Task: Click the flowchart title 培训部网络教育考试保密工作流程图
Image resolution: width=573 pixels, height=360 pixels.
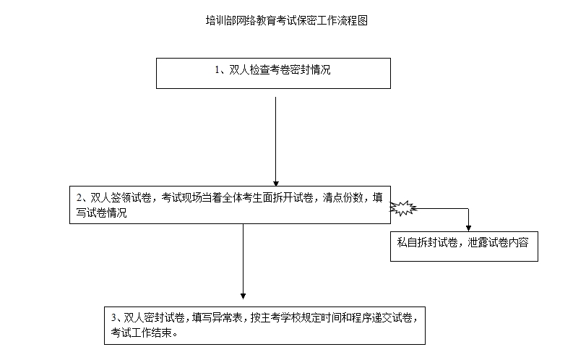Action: click(x=286, y=20)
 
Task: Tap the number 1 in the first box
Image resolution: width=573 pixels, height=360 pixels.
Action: click(x=217, y=69)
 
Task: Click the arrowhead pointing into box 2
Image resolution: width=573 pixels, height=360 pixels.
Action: click(x=276, y=184)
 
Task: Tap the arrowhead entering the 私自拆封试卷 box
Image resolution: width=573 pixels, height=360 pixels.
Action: click(x=468, y=228)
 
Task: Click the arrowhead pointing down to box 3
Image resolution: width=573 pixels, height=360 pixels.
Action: click(x=243, y=296)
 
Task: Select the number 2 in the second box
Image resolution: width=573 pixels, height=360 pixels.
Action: click(x=79, y=198)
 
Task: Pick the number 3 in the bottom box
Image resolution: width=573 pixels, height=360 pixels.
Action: click(x=114, y=317)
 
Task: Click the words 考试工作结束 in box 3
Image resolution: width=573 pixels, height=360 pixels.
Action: click(x=142, y=333)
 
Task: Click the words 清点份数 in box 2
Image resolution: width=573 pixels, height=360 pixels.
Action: click(x=342, y=198)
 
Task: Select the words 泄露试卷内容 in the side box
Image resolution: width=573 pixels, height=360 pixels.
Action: click(x=498, y=242)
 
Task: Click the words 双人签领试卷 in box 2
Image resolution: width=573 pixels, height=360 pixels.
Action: click(x=121, y=198)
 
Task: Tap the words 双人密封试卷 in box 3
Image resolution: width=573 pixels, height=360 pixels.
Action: click(x=154, y=317)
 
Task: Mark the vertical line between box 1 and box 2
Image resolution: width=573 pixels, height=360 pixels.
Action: click(x=276, y=140)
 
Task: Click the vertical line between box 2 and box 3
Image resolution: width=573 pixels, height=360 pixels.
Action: click(x=243, y=259)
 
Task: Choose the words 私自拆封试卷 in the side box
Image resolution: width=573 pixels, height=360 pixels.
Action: click(x=427, y=242)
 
